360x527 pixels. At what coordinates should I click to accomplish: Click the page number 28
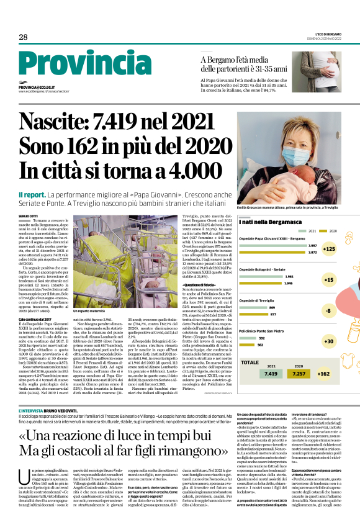click(23, 37)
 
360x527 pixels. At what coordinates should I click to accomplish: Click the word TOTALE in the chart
click(251, 363)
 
